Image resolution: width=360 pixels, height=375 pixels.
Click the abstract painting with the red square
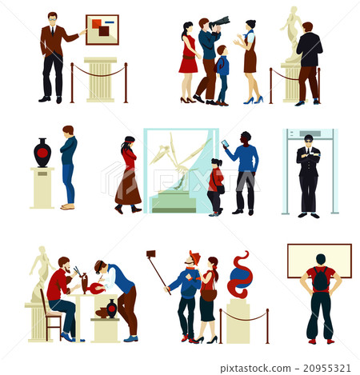[102, 30]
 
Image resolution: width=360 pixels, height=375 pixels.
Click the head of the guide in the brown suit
[52, 18]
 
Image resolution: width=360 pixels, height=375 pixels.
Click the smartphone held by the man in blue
[225, 144]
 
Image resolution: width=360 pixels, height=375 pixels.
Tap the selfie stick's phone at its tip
[150, 253]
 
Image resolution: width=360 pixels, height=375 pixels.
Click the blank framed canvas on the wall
[319, 260]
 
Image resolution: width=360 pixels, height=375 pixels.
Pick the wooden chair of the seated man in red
[50, 316]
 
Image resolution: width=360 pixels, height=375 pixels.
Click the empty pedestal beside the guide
[100, 80]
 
